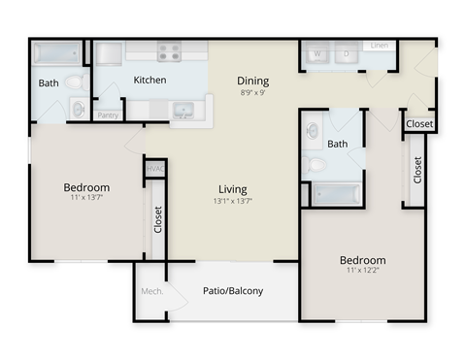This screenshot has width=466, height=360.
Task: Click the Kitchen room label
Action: pyautogui.click(x=150, y=80)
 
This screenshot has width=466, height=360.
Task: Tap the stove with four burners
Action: pyautogui.click(x=170, y=52)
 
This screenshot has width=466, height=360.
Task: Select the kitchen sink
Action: pyautogui.click(x=183, y=110)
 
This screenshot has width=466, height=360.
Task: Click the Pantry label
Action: pyautogui.click(x=109, y=115)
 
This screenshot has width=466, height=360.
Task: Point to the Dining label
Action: pyautogui.click(x=252, y=81)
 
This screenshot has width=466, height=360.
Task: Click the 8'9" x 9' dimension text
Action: pyautogui.click(x=252, y=93)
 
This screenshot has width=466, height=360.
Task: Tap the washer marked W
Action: pyautogui.click(x=316, y=55)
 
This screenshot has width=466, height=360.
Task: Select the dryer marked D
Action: pyautogui.click(x=347, y=55)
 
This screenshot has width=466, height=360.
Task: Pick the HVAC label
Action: pyautogui.click(x=153, y=170)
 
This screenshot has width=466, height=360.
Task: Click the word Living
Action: pyautogui.click(x=232, y=189)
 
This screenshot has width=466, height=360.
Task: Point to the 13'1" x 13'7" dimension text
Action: pyautogui.click(x=232, y=202)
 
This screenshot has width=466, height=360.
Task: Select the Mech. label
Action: pyautogui.click(x=150, y=290)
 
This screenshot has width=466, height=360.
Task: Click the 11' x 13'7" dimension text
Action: pyautogui.click(x=86, y=200)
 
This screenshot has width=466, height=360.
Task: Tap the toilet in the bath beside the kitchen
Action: pyautogui.click(x=79, y=110)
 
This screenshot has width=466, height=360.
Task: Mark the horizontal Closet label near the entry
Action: pyautogui.click(x=419, y=124)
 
